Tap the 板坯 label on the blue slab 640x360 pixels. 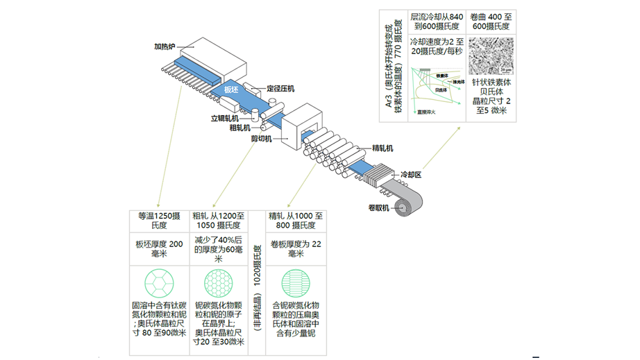231,90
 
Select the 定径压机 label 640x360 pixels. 281,89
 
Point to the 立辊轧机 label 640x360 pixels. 225,118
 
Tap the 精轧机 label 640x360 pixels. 383,148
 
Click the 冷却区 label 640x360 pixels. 411,175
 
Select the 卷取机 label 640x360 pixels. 378,207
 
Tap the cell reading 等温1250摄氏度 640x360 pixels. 159,220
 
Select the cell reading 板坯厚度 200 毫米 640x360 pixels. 159,248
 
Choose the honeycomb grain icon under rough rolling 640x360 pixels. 218,284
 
